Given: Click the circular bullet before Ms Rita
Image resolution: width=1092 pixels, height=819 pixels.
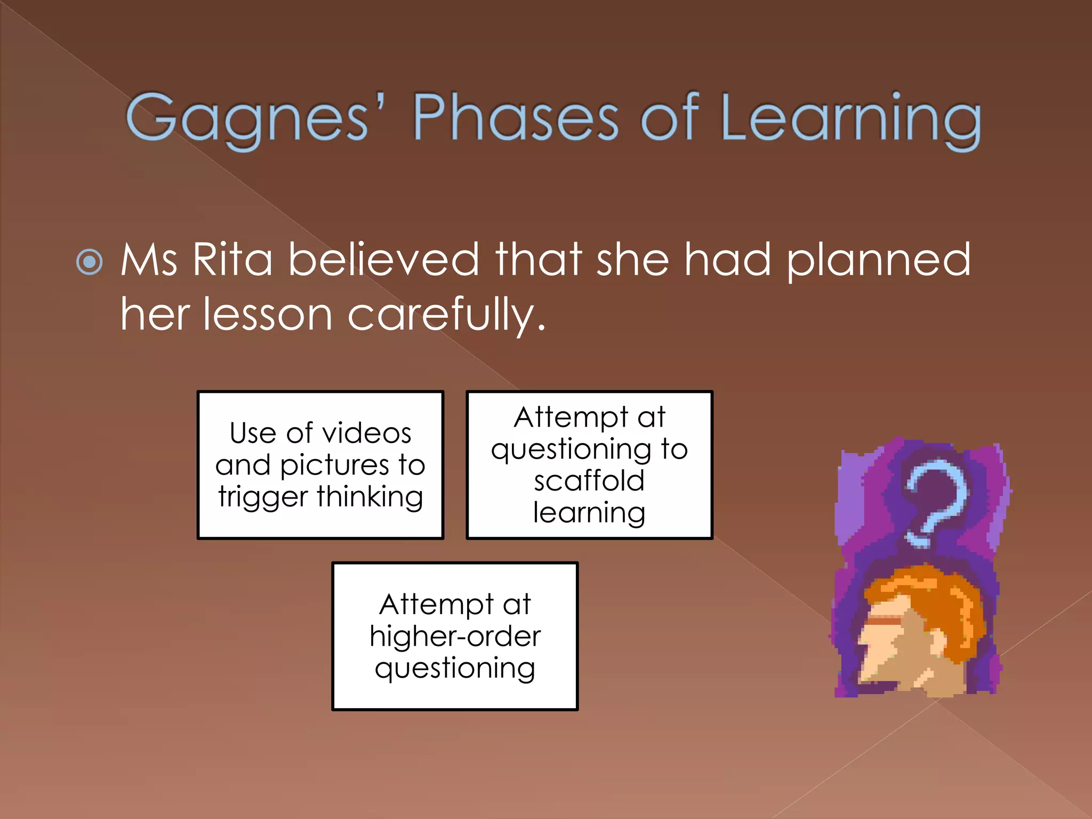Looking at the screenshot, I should tap(90, 261).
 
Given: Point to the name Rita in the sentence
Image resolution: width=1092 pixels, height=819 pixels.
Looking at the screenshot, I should tap(232, 260).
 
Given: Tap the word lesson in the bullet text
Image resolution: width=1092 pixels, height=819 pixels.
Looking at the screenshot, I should tap(268, 315).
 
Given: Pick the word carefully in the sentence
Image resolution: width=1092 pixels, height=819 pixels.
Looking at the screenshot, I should tap(447, 315).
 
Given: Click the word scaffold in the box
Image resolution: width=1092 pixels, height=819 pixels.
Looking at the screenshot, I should tap(589, 481).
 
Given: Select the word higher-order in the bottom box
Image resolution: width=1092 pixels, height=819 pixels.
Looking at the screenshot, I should tap(455, 637).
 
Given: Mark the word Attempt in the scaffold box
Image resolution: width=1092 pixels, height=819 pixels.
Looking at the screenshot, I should tap(571, 417).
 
